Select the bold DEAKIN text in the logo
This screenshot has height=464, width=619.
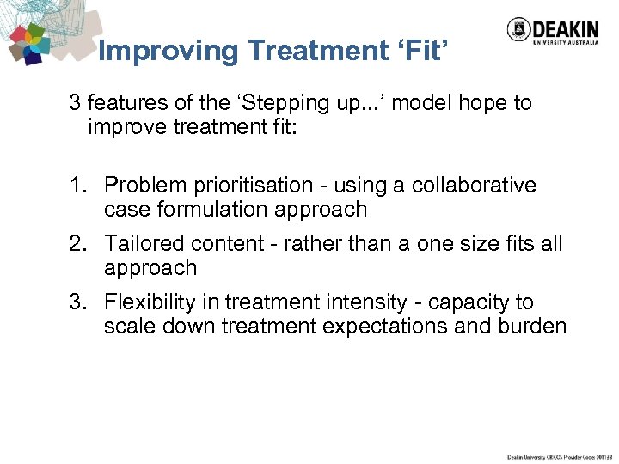(567, 26)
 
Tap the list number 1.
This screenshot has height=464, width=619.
(78, 186)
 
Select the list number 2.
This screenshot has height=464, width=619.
(78, 244)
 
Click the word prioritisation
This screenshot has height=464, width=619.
(247, 186)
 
